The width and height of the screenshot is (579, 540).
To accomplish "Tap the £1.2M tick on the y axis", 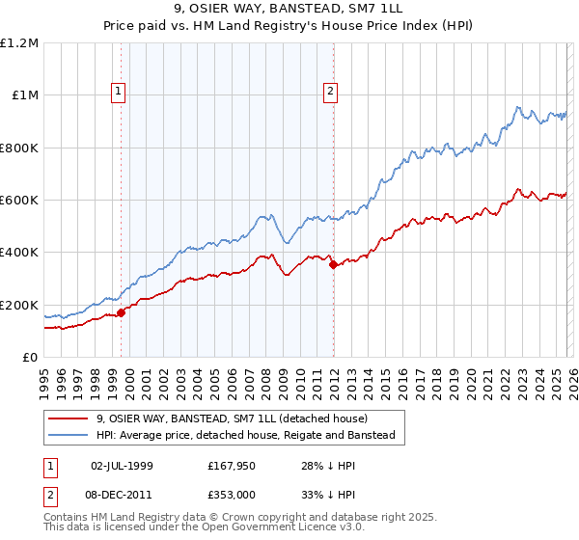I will pyautogui.click(x=19, y=42).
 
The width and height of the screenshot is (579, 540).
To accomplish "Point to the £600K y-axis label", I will pyautogui.click(x=19, y=201).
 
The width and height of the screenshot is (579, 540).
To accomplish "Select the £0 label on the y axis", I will pyautogui.click(x=30, y=358).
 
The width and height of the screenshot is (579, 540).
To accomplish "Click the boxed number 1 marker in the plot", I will pyautogui.click(x=118, y=92).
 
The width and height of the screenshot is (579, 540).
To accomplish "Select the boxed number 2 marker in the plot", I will pyautogui.click(x=330, y=92).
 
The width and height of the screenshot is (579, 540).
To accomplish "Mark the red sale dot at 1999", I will pyautogui.click(x=122, y=312).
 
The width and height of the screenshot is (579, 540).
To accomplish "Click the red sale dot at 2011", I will pyautogui.click(x=334, y=264).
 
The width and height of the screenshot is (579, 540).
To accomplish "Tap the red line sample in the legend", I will pyautogui.click(x=69, y=419).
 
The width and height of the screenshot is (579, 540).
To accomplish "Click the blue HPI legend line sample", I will pyautogui.click(x=69, y=436).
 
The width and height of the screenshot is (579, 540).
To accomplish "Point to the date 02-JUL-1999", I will pyautogui.click(x=123, y=466).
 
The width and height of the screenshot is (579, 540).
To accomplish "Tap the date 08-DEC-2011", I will pyautogui.click(x=123, y=495).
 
